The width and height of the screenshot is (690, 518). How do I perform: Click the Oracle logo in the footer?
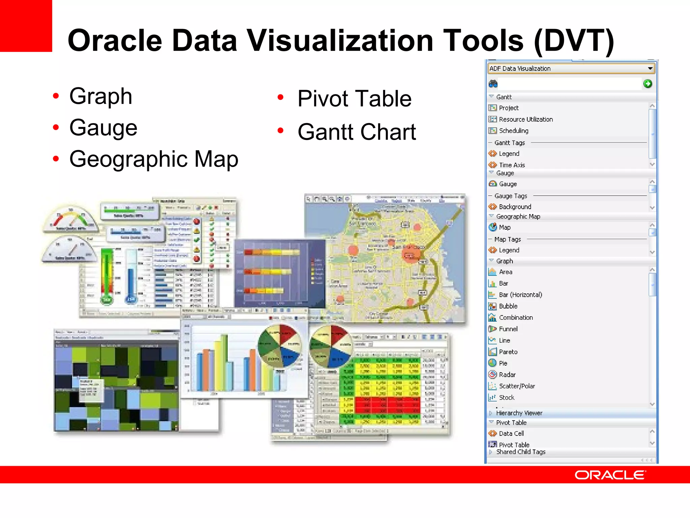[x=610, y=475]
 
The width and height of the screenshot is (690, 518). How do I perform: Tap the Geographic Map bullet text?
[x=154, y=159]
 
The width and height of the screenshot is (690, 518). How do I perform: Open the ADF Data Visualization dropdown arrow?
[x=650, y=68]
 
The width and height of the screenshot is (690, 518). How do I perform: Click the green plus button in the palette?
[x=647, y=84]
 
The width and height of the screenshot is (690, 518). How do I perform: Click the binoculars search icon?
[x=493, y=84]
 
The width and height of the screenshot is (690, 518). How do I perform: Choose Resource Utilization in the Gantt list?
[x=526, y=119]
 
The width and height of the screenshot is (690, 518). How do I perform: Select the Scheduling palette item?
[x=513, y=131]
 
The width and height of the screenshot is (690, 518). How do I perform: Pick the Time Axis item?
[x=512, y=165]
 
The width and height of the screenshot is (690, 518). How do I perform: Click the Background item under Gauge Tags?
[x=515, y=207]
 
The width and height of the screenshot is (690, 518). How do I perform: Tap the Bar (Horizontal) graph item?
[x=520, y=295]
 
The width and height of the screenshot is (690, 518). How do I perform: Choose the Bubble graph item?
[x=508, y=306]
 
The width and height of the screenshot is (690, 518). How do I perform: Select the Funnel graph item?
[x=508, y=329]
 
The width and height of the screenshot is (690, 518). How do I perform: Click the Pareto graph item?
[x=508, y=352]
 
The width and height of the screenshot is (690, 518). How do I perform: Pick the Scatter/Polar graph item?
[x=517, y=386]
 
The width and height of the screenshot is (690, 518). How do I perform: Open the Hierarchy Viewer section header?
[x=519, y=413]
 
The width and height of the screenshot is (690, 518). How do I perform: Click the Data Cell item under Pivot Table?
[x=511, y=433]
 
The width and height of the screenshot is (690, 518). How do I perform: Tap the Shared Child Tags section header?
[x=521, y=452]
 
